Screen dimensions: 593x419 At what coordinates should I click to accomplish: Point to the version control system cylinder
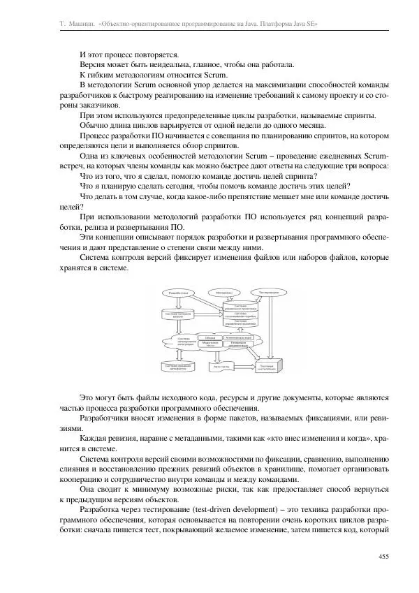(x=177, y=314)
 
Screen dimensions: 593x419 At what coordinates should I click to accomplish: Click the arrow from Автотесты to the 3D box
(x=244, y=366)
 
